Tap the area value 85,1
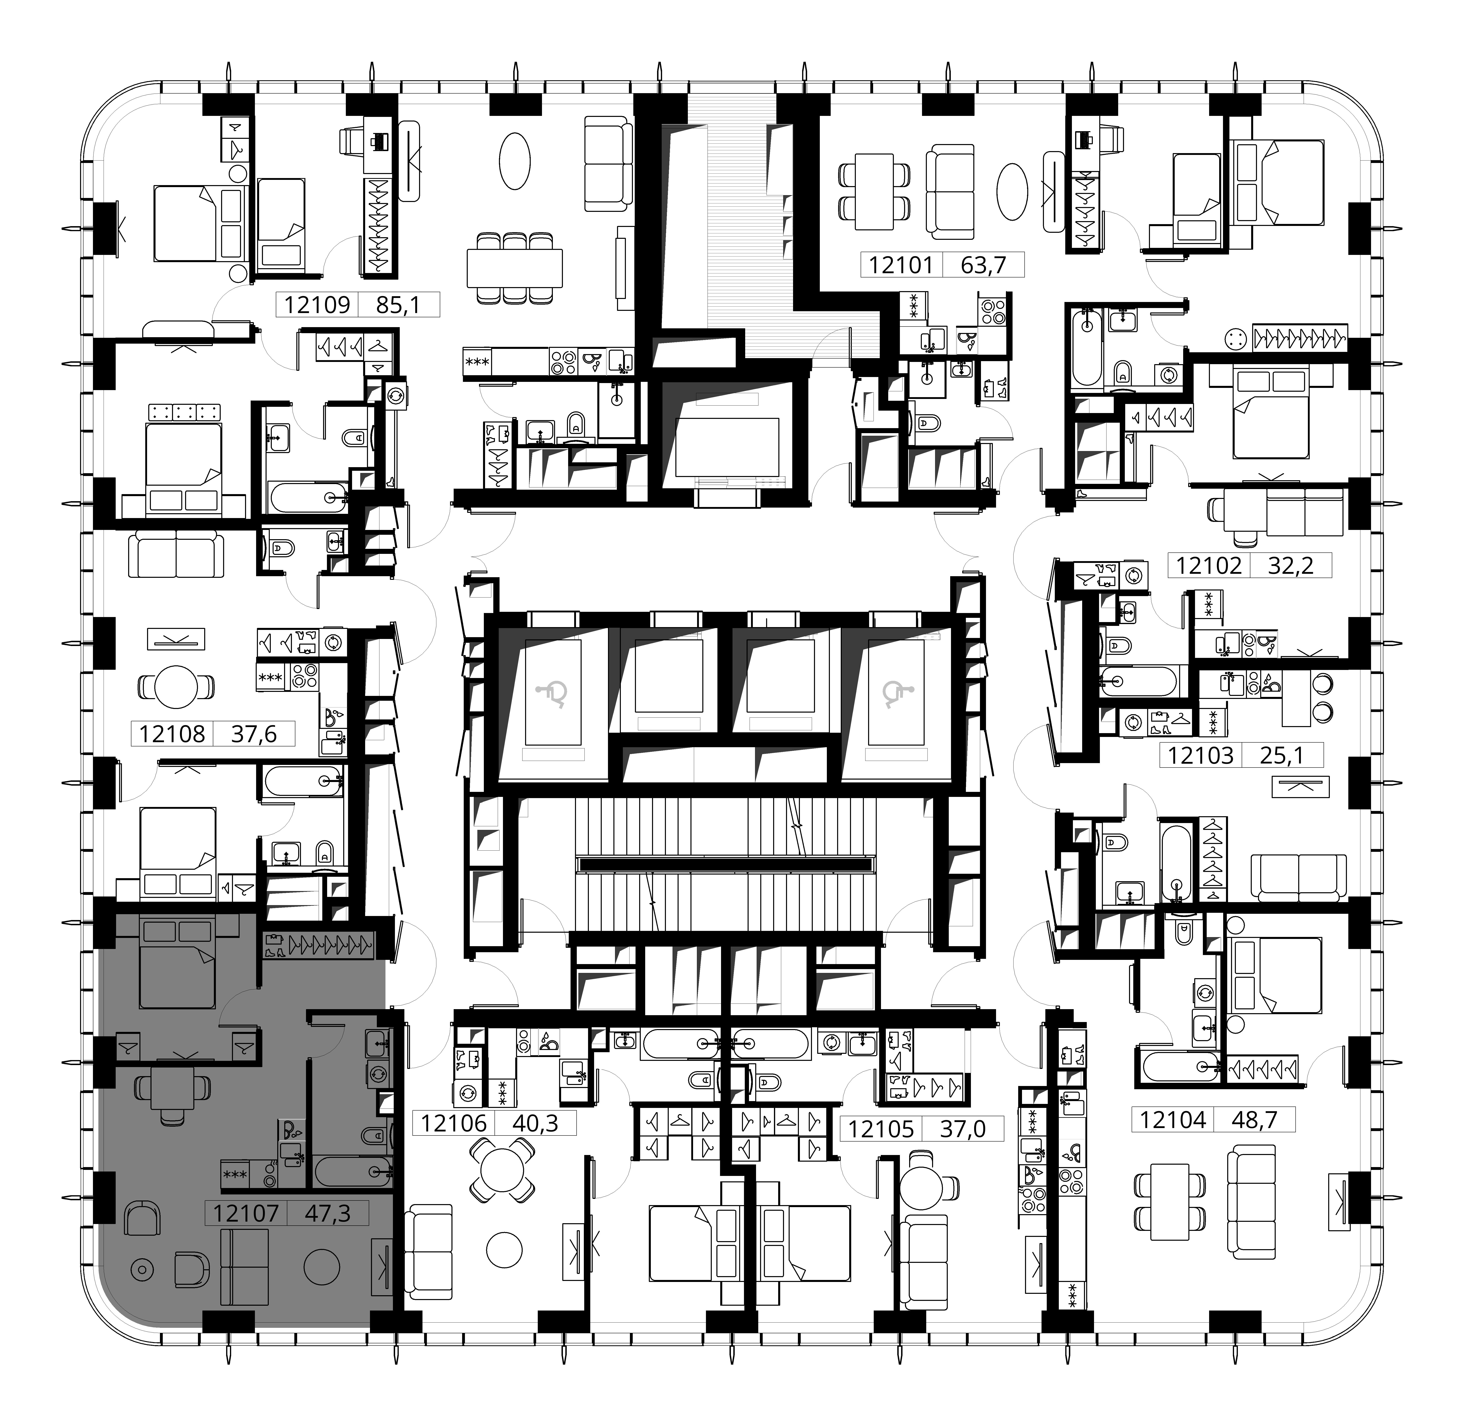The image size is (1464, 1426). pyautogui.click(x=398, y=305)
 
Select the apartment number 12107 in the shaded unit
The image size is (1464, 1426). pyautogui.click(x=246, y=1213)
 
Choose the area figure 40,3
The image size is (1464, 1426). pyautogui.click(x=536, y=1123)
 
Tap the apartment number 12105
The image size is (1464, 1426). pyautogui.click(x=881, y=1129)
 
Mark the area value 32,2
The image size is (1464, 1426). pyautogui.click(x=1290, y=566)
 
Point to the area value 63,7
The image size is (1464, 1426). pyautogui.click(x=983, y=265)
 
